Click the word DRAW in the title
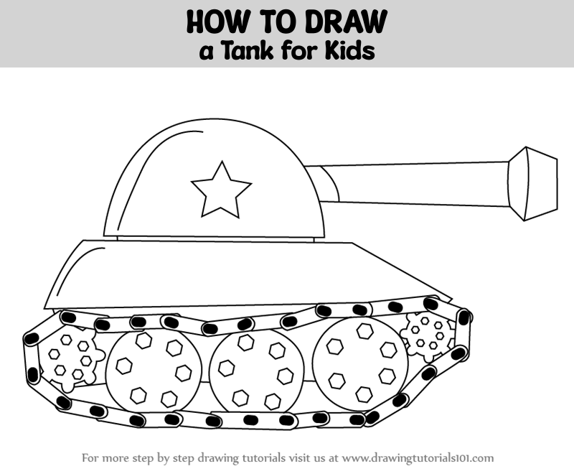click(347, 22)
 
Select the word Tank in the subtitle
click(247, 51)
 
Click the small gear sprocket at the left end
click(70, 360)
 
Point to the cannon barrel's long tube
click(406, 183)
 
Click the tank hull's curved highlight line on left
click(77, 269)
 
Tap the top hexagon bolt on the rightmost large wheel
click(365, 331)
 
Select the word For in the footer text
click(89, 458)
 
